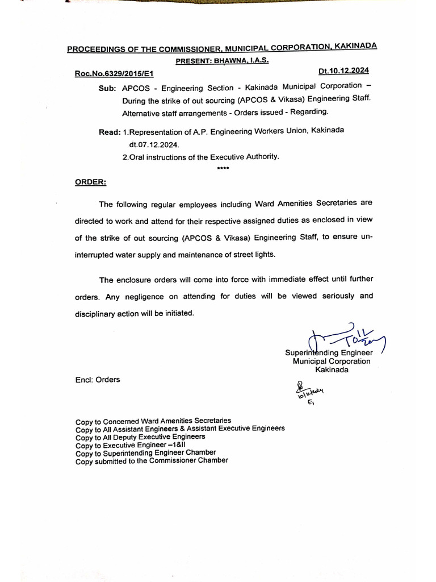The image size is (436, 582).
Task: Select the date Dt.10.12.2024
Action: click(343, 71)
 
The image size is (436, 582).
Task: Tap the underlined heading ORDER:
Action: click(90, 182)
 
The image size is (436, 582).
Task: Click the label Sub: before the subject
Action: click(108, 89)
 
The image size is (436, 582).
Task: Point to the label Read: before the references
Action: click(110, 132)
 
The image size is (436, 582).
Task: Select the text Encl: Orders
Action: click(98, 380)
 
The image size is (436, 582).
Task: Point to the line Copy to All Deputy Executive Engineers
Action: click(140, 437)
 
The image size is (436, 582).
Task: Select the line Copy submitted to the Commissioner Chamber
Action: click(152, 461)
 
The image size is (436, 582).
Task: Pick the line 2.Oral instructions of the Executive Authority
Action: click(200, 156)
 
